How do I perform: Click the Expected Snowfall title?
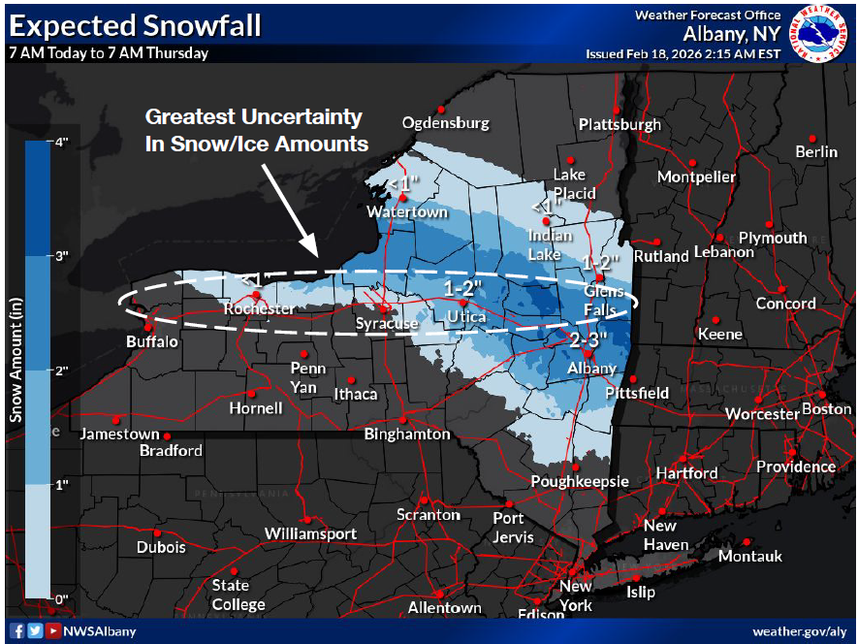(135, 25)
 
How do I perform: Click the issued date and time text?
(683, 54)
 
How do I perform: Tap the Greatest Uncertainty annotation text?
(256, 130)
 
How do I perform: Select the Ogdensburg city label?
(446, 123)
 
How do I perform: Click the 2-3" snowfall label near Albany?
(588, 339)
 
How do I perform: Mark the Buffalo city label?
(152, 341)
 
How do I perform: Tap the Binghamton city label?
(407, 434)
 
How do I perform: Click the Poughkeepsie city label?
(580, 481)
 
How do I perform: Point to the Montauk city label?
(749, 556)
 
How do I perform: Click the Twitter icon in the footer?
(36, 631)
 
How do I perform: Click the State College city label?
(238, 595)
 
